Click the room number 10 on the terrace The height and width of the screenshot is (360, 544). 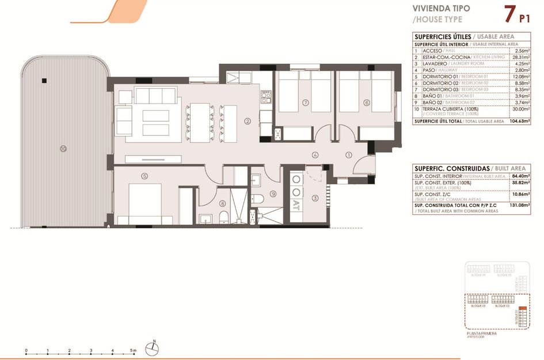click(63, 149)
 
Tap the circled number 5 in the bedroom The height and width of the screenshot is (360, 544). click(144, 176)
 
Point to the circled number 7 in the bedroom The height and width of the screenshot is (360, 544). click(306, 103)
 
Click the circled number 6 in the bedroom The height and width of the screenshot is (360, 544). click(366, 103)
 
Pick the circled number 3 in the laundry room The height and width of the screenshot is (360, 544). click(315, 198)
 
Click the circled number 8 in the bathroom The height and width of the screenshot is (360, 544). click(223, 203)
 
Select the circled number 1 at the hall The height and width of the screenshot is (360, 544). click(348, 154)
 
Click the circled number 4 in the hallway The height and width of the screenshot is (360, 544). click(315, 154)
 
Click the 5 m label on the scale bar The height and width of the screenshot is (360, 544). click(133, 350)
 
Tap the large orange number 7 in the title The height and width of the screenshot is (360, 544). click(508, 13)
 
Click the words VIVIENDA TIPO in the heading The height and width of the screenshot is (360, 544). click(441, 9)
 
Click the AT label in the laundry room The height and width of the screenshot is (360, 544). click(296, 203)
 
